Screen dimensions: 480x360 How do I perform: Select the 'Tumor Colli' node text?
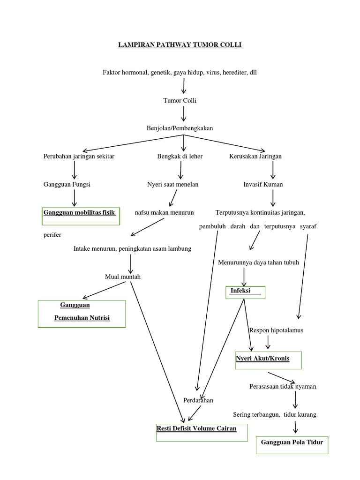(x=180, y=100)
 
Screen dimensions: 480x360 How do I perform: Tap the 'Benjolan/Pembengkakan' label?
(x=180, y=128)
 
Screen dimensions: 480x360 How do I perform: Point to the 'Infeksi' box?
(x=246, y=292)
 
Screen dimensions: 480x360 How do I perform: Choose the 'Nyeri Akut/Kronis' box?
(x=269, y=360)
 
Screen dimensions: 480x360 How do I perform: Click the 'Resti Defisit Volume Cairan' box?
(x=202, y=431)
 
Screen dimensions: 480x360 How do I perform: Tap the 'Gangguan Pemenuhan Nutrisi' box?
(x=82, y=313)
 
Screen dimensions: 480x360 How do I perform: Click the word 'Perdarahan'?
(x=198, y=400)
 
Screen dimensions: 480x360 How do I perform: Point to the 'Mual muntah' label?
(x=123, y=277)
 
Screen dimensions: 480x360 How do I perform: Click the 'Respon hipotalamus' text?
(x=277, y=330)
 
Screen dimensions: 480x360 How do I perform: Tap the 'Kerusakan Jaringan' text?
(x=255, y=156)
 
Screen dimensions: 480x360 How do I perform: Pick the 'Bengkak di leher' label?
(x=180, y=156)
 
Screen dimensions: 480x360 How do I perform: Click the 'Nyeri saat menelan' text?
(x=172, y=184)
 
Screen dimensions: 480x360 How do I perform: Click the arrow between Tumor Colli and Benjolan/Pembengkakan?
(x=183, y=114)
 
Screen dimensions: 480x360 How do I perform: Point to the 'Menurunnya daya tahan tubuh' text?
(x=258, y=262)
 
